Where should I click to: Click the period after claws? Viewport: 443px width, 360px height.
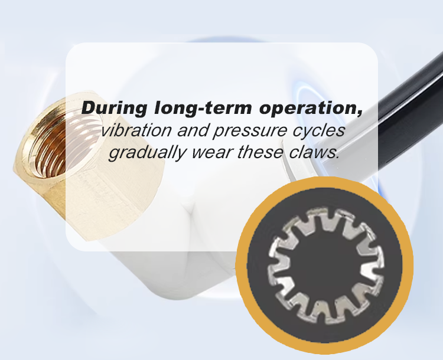337,158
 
